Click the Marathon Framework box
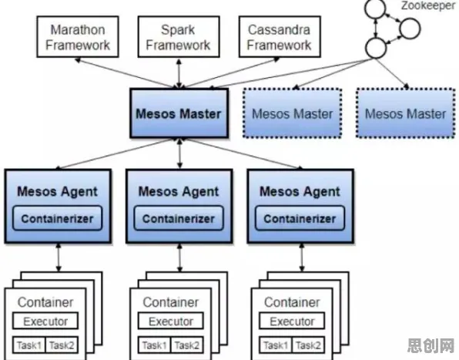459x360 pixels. tap(78, 36)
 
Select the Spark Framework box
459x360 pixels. tap(179, 36)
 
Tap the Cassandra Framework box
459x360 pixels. tap(280, 36)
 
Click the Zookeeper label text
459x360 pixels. tap(428, 5)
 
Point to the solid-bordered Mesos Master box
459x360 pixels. tap(179, 113)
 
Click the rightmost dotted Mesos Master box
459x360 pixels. tap(406, 113)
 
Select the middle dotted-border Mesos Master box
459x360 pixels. tap(293, 113)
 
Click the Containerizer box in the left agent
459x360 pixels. tap(57, 218)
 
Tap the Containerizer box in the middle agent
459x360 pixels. tap(179, 218)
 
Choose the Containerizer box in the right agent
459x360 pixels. tap(300, 218)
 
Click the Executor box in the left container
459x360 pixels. tap(45, 321)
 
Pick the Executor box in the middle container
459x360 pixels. tap(171, 321)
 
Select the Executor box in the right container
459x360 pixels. tap(292, 321)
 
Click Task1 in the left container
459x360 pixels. tap(28, 345)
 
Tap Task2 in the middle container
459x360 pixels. tap(187, 345)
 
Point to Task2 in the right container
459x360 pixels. tap(308, 345)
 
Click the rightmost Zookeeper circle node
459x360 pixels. tap(410, 29)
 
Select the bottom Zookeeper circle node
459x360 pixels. tap(376, 48)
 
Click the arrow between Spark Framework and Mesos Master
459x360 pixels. tap(179, 73)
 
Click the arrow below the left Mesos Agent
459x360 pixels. tap(59, 257)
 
